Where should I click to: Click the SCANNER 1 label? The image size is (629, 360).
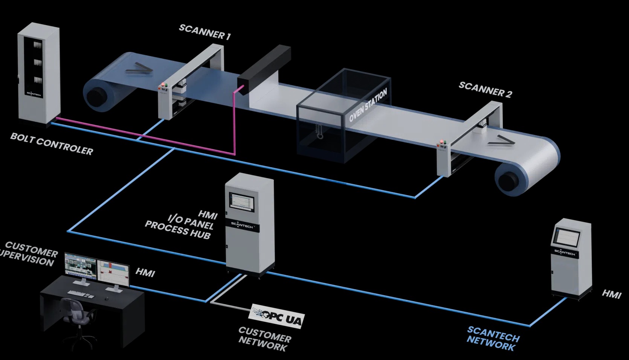(x=205, y=32)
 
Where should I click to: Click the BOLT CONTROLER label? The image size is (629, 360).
(x=52, y=144)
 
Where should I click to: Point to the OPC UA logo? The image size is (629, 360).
(x=278, y=316)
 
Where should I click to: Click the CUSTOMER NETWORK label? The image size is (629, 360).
(x=264, y=339)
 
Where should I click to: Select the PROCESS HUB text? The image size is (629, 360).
(x=177, y=230)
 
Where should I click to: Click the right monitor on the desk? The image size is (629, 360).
(x=113, y=270)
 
